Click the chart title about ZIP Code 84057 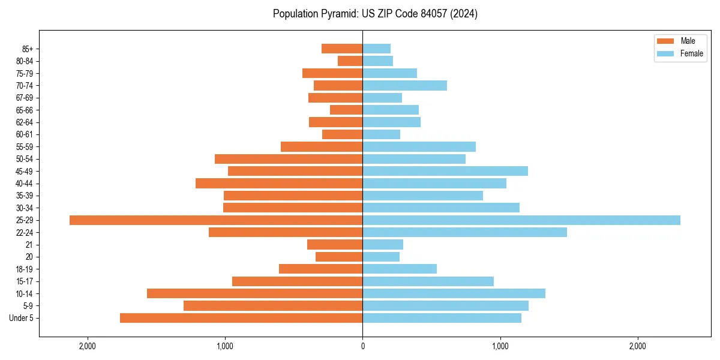coord(375,14)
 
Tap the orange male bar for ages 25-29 coord(216,220)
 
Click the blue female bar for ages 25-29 coord(521,220)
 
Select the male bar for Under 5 coord(241,318)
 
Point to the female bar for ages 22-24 coord(464,232)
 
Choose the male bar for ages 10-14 coord(254,293)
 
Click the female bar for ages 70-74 coord(404,85)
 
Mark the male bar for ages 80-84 coord(350,61)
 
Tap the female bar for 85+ coord(376,49)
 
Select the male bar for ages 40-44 coord(279,183)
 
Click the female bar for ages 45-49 coord(445,171)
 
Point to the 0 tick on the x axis coord(362,346)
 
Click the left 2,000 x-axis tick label coord(88,346)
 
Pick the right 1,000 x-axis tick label coord(500,346)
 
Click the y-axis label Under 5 coord(21,318)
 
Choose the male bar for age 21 coord(335,244)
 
